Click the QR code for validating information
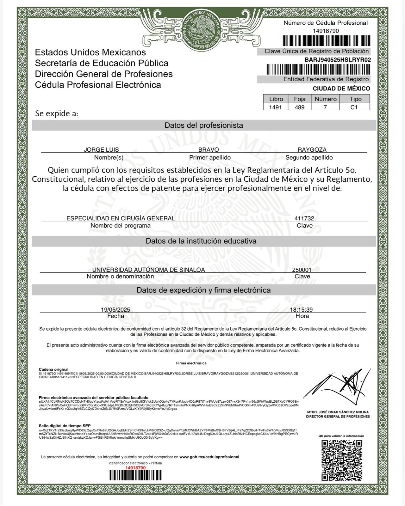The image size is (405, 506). (x=342, y=460)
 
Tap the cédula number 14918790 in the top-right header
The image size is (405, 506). (x=326, y=31)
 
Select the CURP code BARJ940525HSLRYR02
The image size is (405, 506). (x=338, y=60)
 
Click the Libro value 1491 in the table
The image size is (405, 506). (x=275, y=107)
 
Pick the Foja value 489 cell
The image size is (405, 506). (x=299, y=107)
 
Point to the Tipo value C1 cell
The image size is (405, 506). (x=354, y=107)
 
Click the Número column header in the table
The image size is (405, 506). (x=325, y=99)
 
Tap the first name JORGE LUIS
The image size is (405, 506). (x=101, y=149)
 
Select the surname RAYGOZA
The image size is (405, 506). (x=312, y=149)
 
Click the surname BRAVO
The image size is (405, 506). (x=209, y=149)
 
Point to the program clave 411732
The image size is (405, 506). (x=304, y=218)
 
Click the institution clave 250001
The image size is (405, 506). (x=302, y=270)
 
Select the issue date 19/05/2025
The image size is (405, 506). (x=115, y=310)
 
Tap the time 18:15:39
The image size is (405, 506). (x=301, y=310)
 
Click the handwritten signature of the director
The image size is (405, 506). (x=337, y=387)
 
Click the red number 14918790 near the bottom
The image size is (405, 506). (x=135, y=468)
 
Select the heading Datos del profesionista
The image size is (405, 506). (x=204, y=125)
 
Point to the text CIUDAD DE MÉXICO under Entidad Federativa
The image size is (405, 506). (x=341, y=88)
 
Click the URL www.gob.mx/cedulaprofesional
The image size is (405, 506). (x=209, y=457)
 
